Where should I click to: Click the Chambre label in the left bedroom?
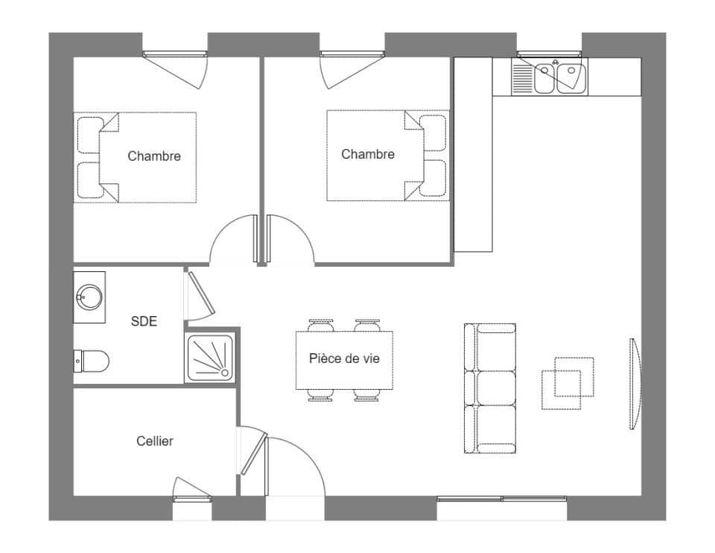coord(154,157)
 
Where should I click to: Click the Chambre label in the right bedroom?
coord(368,154)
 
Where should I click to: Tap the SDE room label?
coord(144,321)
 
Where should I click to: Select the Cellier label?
coord(155,441)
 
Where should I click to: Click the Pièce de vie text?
coord(344,358)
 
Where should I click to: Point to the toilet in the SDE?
coord(92,361)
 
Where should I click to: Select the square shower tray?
coord(210,358)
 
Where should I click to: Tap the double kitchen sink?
coord(558,78)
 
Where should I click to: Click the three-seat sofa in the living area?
coord(490,388)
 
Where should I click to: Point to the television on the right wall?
coord(635,384)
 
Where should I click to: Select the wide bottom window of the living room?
coord(501,499)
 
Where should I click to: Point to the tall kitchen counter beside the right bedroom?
coord(474,155)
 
